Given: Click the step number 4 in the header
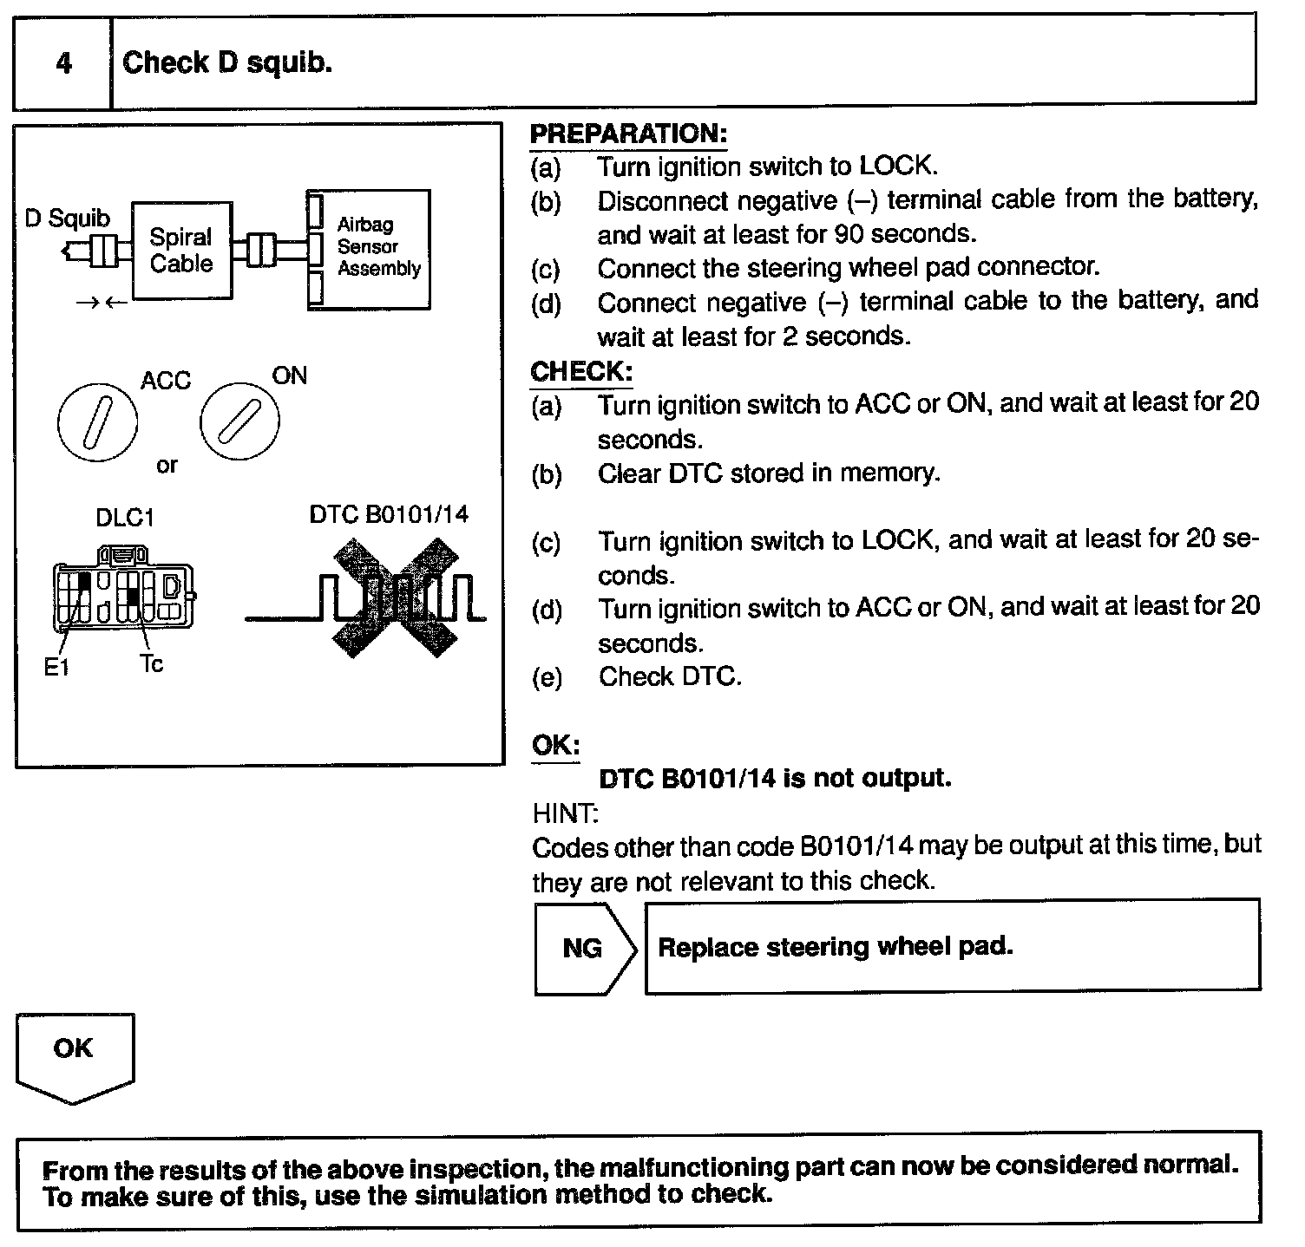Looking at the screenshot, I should click(63, 63).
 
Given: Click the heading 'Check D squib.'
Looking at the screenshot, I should click(227, 62).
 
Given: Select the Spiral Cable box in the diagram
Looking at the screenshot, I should click(181, 251).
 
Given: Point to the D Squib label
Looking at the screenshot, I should click(67, 218).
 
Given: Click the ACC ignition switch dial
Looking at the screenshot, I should click(97, 421).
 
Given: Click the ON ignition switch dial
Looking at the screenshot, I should click(239, 421).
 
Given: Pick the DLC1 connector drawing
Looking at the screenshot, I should click(124, 591).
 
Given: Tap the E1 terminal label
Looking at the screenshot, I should click(56, 667).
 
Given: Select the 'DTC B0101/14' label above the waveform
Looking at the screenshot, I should click(388, 515).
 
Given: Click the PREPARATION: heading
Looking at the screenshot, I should click(628, 134).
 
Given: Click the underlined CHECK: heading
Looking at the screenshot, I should click(581, 372).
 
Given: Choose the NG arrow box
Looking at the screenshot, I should click(583, 947).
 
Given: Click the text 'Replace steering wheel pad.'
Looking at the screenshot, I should click(836, 946).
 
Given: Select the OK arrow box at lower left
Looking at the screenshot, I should click(75, 1054).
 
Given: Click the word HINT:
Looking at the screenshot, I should click(565, 813).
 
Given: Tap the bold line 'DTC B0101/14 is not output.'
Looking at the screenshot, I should click(775, 778).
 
